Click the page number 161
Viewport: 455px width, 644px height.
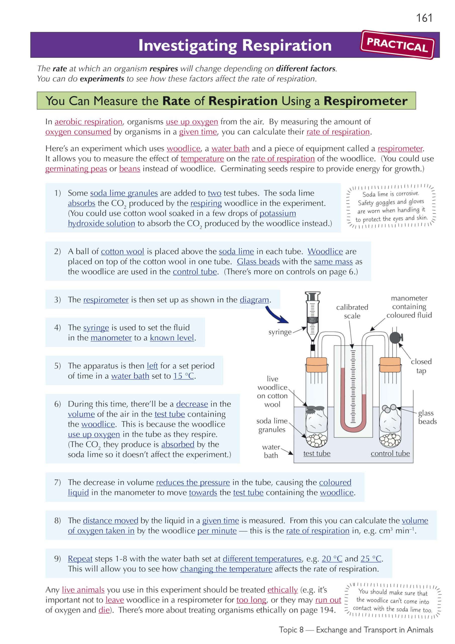424,18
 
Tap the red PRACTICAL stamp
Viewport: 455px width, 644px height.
397,45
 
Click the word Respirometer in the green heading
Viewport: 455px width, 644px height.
365,101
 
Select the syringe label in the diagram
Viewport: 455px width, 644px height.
280,332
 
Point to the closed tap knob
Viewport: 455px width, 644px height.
395,338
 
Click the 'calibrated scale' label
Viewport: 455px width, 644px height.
352,311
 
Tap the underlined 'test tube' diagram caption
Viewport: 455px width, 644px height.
317,454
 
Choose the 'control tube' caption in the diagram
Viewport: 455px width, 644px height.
390,454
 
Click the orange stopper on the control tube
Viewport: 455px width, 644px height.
390,365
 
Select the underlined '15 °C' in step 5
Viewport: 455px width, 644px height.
184,376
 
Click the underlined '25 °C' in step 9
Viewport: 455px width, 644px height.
371,559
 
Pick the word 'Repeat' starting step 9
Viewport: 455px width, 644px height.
80,559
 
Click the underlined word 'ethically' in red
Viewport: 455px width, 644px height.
282,590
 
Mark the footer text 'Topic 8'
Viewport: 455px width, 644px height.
291,630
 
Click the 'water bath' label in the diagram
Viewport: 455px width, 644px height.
271,451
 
